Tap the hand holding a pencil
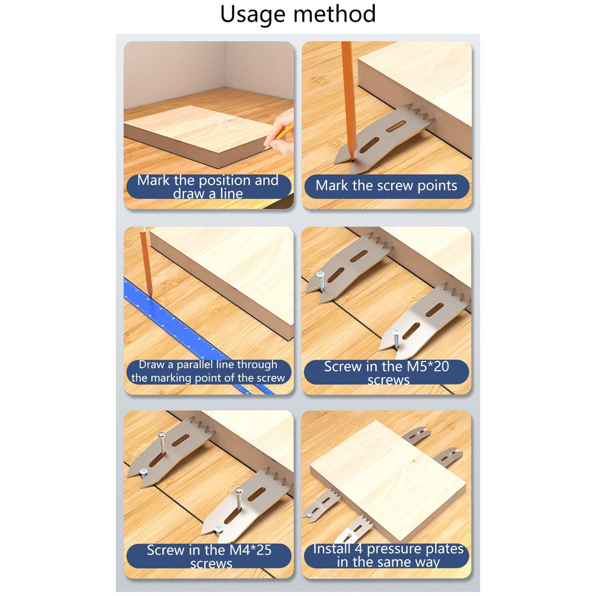281,134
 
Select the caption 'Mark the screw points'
386,186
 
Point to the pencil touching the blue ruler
145,262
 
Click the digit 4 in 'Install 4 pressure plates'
358,549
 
